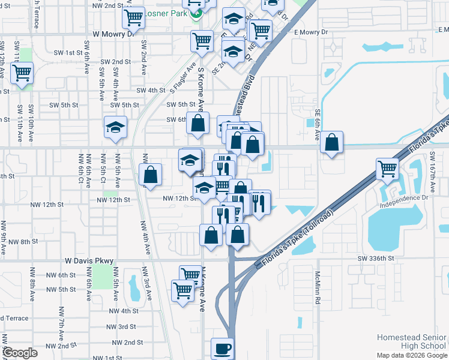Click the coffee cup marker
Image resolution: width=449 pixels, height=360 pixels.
[x=222, y=349]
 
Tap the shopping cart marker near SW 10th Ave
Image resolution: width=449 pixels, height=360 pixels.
[x=22, y=74]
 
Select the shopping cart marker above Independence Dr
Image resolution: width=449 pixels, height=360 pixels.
[x=387, y=170]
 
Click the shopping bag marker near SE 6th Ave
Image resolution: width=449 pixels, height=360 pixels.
[x=331, y=143]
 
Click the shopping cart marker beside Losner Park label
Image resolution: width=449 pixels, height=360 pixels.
[x=133, y=18]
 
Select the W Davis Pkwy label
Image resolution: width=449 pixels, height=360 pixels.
[x=89, y=261]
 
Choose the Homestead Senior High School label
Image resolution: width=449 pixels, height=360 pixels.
[x=411, y=342]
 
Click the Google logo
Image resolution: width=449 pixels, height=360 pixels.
[x=20, y=353]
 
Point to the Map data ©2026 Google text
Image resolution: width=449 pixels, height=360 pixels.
[x=412, y=355]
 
